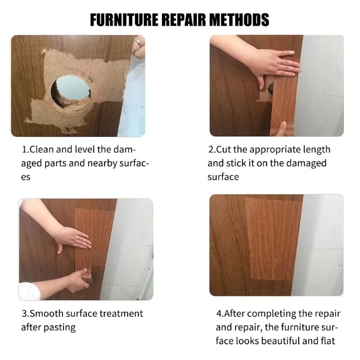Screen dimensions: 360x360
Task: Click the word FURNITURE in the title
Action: [x=124, y=19]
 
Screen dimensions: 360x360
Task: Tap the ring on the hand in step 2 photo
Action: [x=282, y=61]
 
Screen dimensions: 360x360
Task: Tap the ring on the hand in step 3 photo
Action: [x=80, y=238]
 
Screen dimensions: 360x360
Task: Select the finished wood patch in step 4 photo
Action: [x=274, y=238]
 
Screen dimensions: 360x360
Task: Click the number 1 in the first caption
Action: [x=24, y=150]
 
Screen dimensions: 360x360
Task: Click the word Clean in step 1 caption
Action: [x=42, y=150]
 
